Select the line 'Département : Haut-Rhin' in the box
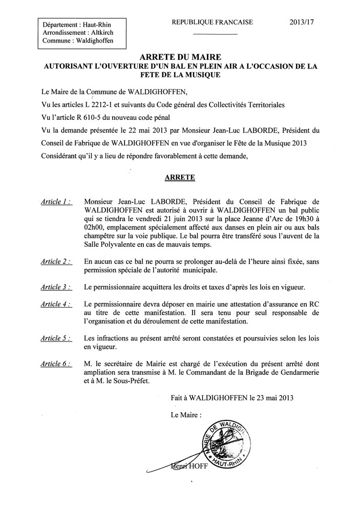[77, 24]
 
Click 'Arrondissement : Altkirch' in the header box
[78, 32]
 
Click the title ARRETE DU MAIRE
[179, 58]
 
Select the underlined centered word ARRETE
[179, 177]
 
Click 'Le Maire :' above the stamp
[186, 414]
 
